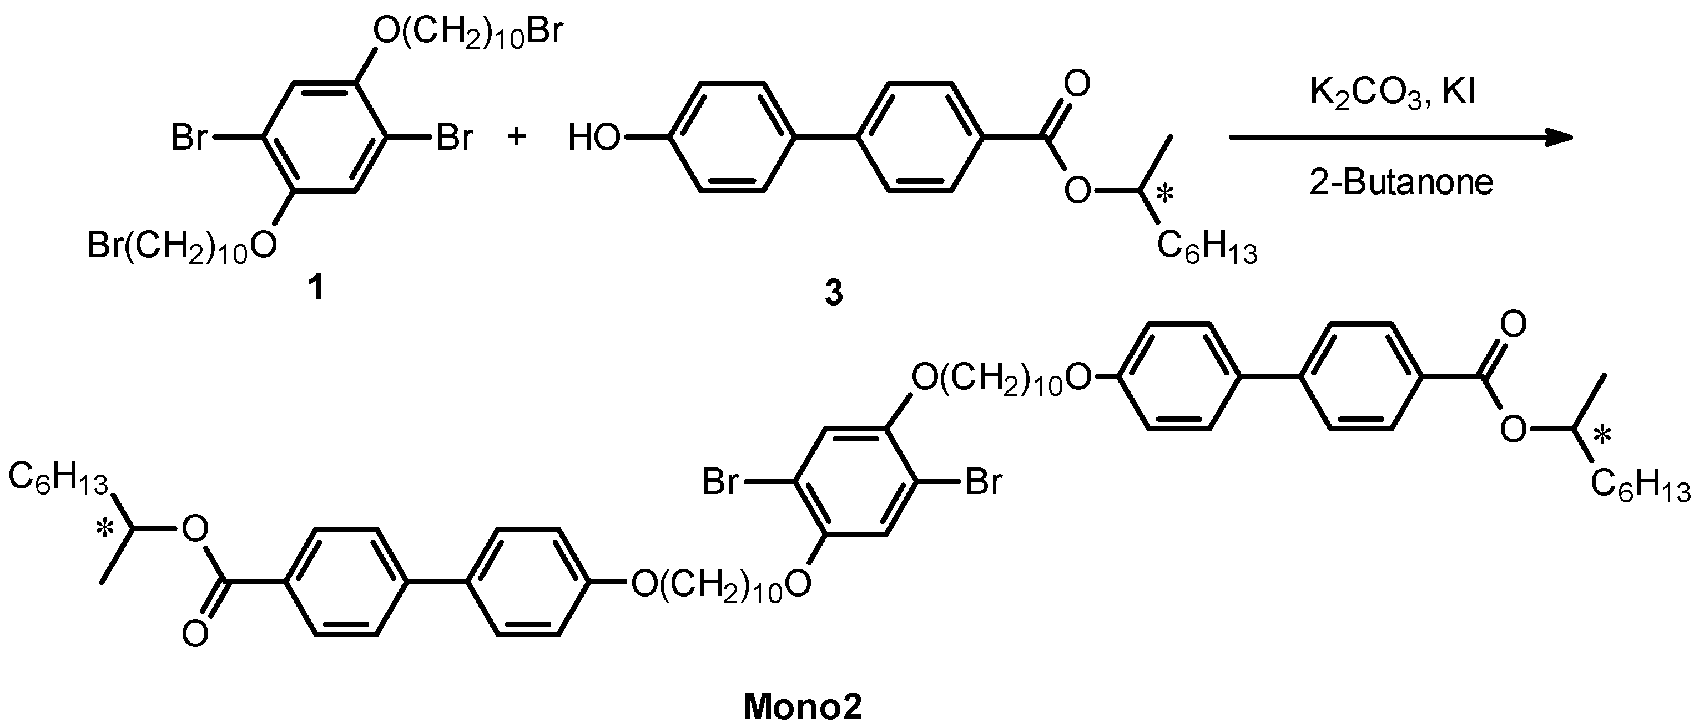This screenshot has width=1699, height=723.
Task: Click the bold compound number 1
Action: (x=317, y=288)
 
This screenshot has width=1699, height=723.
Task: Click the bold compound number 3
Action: (x=834, y=293)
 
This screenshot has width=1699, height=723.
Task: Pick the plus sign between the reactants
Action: (x=517, y=137)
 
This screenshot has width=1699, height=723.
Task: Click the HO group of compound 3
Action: (x=593, y=139)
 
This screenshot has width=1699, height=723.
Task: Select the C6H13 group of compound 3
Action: (x=1207, y=249)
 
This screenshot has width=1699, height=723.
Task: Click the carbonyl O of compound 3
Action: (x=1076, y=84)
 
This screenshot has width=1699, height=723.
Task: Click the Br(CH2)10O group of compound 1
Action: (x=182, y=247)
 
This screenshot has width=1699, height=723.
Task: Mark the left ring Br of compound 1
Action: (x=189, y=139)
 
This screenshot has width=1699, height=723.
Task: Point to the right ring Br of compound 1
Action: (x=455, y=139)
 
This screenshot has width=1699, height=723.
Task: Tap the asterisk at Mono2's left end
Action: (x=104, y=529)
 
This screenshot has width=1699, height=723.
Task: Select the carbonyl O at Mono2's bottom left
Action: (x=195, y=635)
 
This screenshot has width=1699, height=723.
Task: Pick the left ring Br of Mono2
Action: (x=720, y=482)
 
